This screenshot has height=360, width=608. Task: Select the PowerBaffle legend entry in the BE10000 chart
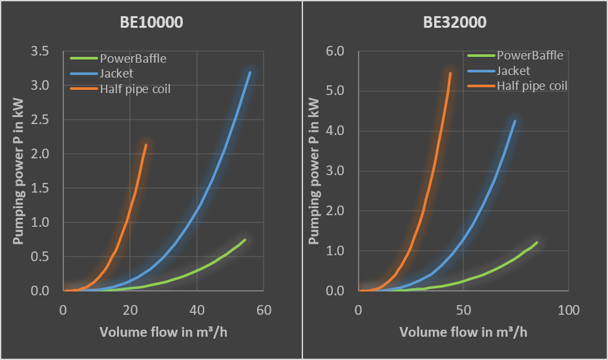coord(132,59)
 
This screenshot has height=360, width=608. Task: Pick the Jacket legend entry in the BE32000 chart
coord(513,71)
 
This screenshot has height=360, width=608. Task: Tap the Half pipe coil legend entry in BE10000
coord(135,89)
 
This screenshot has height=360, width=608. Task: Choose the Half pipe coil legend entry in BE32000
coord(532,85)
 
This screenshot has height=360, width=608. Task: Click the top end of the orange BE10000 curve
coord(146,145)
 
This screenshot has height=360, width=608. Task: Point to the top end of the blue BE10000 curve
coord(250,72)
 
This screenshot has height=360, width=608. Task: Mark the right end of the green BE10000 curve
coord(245,240)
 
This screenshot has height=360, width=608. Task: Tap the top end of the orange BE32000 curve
coord(450,73)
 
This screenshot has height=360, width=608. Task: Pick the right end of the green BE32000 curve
coord(537,242)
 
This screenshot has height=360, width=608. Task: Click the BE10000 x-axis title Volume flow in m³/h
coord(163,332)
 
